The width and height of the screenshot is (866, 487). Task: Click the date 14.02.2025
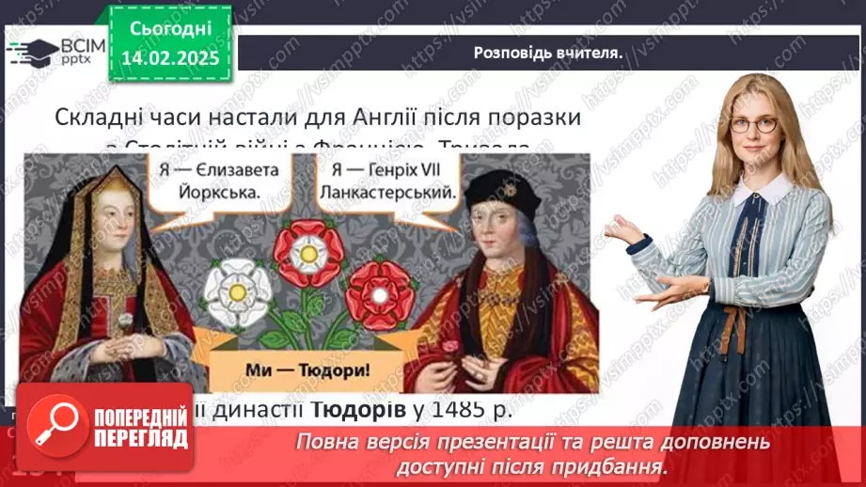169,58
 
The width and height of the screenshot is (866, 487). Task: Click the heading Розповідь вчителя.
546,53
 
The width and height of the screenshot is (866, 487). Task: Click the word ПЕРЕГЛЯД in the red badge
140,439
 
